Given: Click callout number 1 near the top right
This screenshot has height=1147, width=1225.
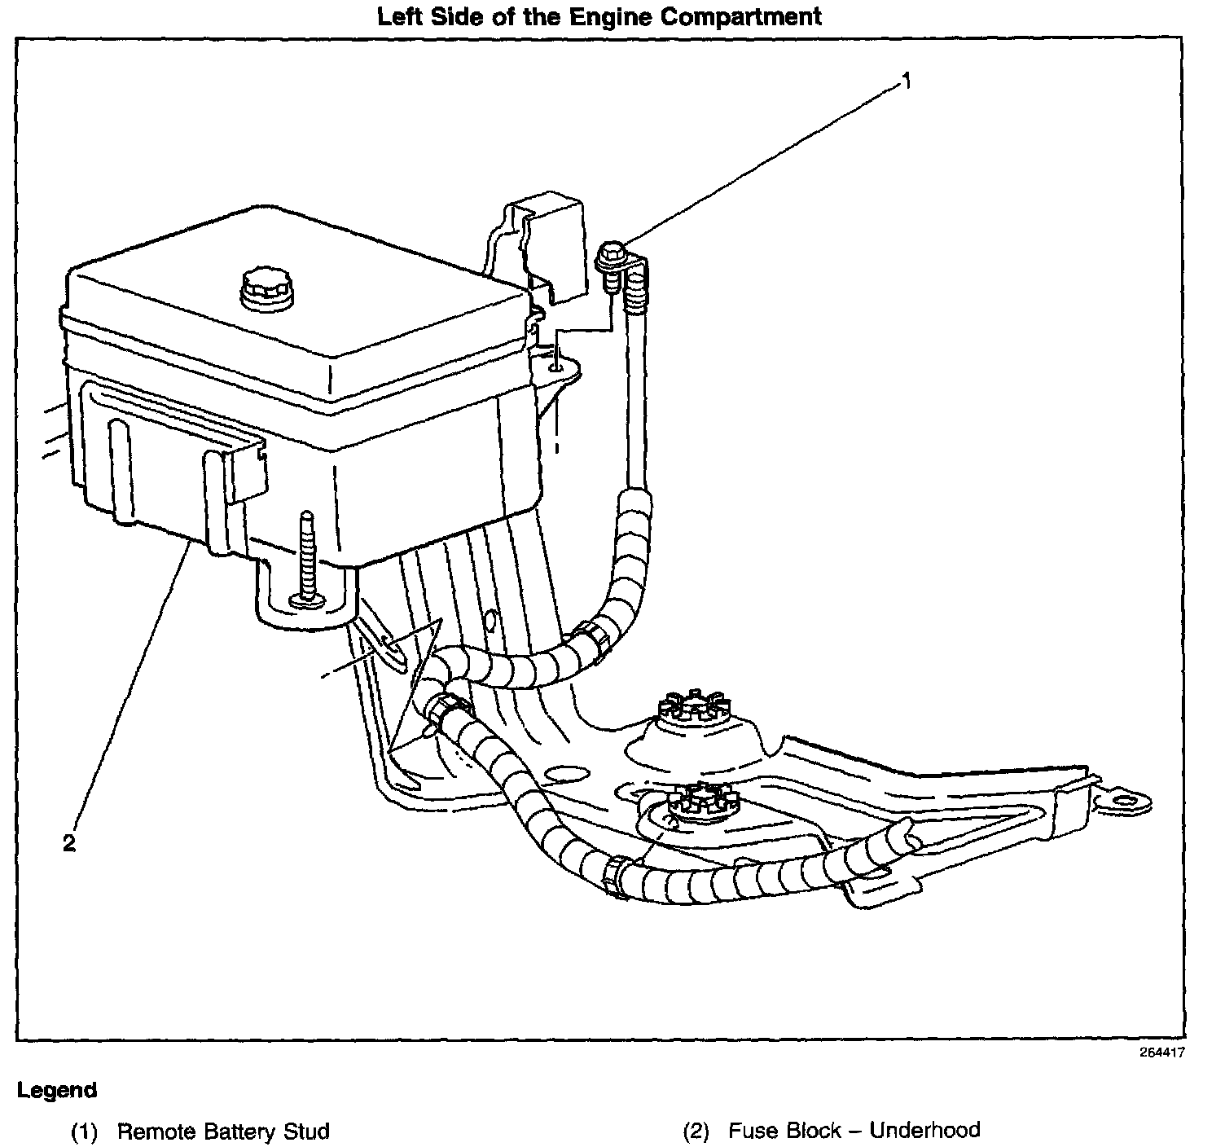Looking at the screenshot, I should click(905, 81).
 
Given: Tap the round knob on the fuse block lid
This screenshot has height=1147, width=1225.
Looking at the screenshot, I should click(266, 291).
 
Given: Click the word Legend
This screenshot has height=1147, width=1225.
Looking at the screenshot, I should click(57, 1090).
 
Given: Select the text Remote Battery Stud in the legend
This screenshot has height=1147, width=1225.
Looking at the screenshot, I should click(223, 1131).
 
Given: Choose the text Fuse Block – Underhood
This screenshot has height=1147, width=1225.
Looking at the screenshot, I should click(854, 1130).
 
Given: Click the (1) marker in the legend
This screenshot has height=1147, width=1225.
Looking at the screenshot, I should click(84, 1132).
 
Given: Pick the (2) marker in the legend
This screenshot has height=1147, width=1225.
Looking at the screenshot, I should click(696, 1131).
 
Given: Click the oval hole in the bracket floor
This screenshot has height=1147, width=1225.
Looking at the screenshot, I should click(566, 773).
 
